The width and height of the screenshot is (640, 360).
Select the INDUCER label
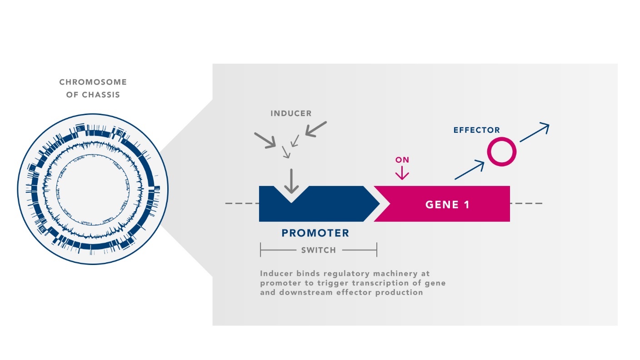coord(291,113)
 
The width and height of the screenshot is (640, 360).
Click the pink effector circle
coord(502,152)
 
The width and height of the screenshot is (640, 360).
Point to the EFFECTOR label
coord(476,130)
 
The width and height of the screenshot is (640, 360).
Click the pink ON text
coord(402,160)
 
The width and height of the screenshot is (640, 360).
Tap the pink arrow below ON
coord(402,172)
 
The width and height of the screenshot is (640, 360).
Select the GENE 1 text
coord(447,205)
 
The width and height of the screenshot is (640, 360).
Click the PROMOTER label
coord(315,234)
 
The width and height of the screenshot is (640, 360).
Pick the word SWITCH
coord(318,250)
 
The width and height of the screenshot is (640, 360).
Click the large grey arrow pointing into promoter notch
coord(291,182)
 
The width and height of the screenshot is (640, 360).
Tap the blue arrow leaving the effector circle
coord(535,132)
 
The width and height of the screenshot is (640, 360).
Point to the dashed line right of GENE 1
coord(526,203)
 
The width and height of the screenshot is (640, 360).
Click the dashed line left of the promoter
coord(241,203)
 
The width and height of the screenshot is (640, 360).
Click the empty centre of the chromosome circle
coord(93,189)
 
